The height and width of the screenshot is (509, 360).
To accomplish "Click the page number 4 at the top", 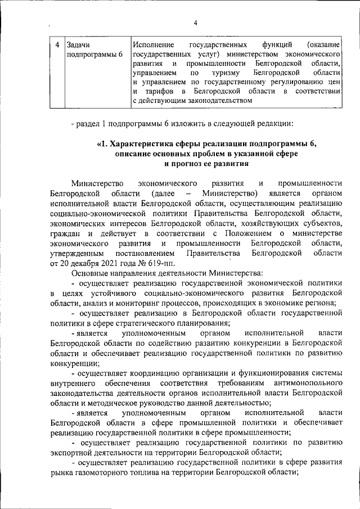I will click(x=195, y=23).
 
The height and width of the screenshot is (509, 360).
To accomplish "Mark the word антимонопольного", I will click(x=304, y=383).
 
